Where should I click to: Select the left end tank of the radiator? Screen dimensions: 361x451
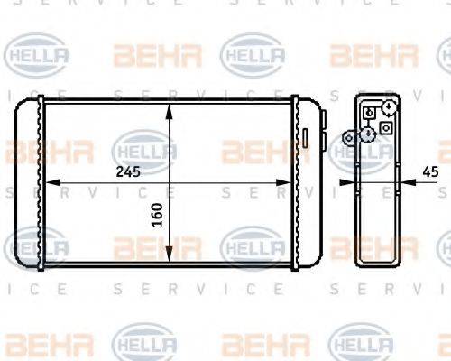click(x=30, y=185)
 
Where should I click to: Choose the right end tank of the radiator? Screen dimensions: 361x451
click(x=308, y=185)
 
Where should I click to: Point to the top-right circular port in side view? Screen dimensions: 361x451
click(x=388, y=108)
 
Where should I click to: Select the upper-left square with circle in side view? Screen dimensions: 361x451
click(x=370, y=113)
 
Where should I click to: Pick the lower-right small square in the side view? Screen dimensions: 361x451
click(x=386, y=129)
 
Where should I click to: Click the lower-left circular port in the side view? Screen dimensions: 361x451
click(x=367, y=134)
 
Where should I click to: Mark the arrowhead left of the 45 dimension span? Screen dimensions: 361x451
click(x=353, y=182)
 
